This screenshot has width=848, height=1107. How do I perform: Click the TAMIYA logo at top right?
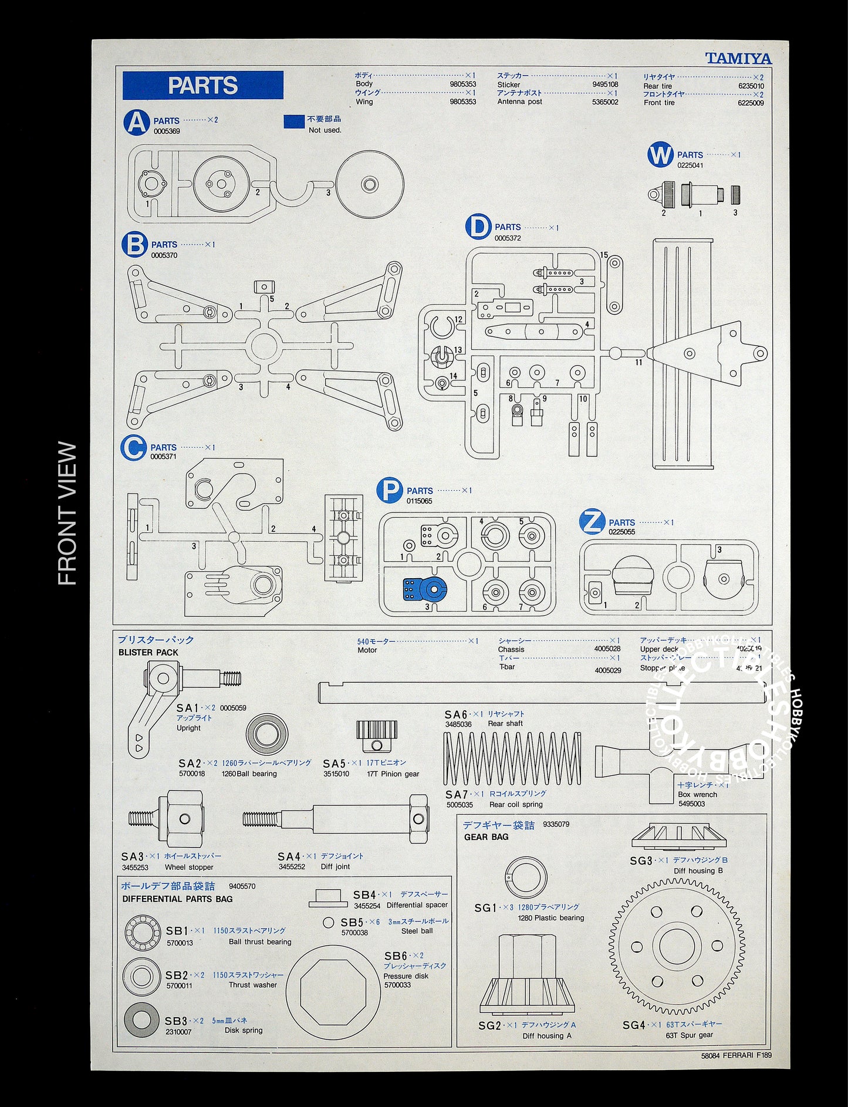738,58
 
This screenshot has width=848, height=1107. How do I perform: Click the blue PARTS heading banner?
202,85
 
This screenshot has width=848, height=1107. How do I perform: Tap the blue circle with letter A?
136,123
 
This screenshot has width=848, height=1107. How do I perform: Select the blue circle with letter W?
660,156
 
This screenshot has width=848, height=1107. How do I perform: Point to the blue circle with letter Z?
592,522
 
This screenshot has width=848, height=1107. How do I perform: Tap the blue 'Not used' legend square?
294,122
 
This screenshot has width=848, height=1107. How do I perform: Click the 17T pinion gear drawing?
377,735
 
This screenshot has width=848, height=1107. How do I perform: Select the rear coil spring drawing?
512,758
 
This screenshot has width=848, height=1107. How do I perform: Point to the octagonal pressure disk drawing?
333,993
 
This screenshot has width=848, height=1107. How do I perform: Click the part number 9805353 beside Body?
462,85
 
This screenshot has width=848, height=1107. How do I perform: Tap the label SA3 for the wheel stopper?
133,856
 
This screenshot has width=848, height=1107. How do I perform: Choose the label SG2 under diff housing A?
489,1025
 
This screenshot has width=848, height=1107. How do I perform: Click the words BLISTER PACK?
148,653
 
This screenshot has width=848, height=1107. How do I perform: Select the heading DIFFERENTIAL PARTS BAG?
177,899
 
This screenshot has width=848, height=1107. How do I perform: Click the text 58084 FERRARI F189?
736,1055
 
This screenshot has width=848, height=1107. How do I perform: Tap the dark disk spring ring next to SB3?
141,1020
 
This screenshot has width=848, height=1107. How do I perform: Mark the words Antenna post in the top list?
519,102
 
